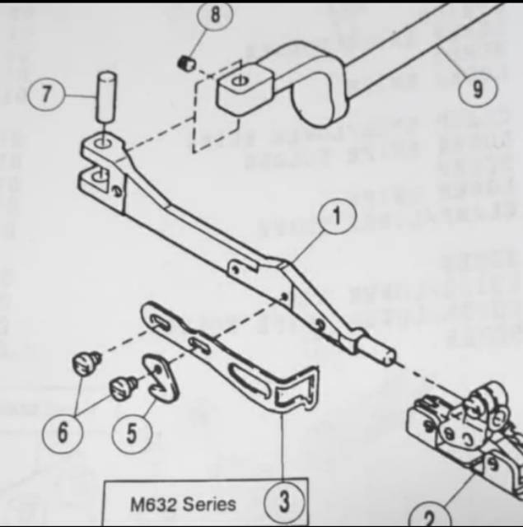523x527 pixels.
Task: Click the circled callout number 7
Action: (x=47, y=94)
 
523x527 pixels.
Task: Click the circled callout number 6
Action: (x=63, y=431)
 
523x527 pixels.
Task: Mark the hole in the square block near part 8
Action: (x=240, y=81)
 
